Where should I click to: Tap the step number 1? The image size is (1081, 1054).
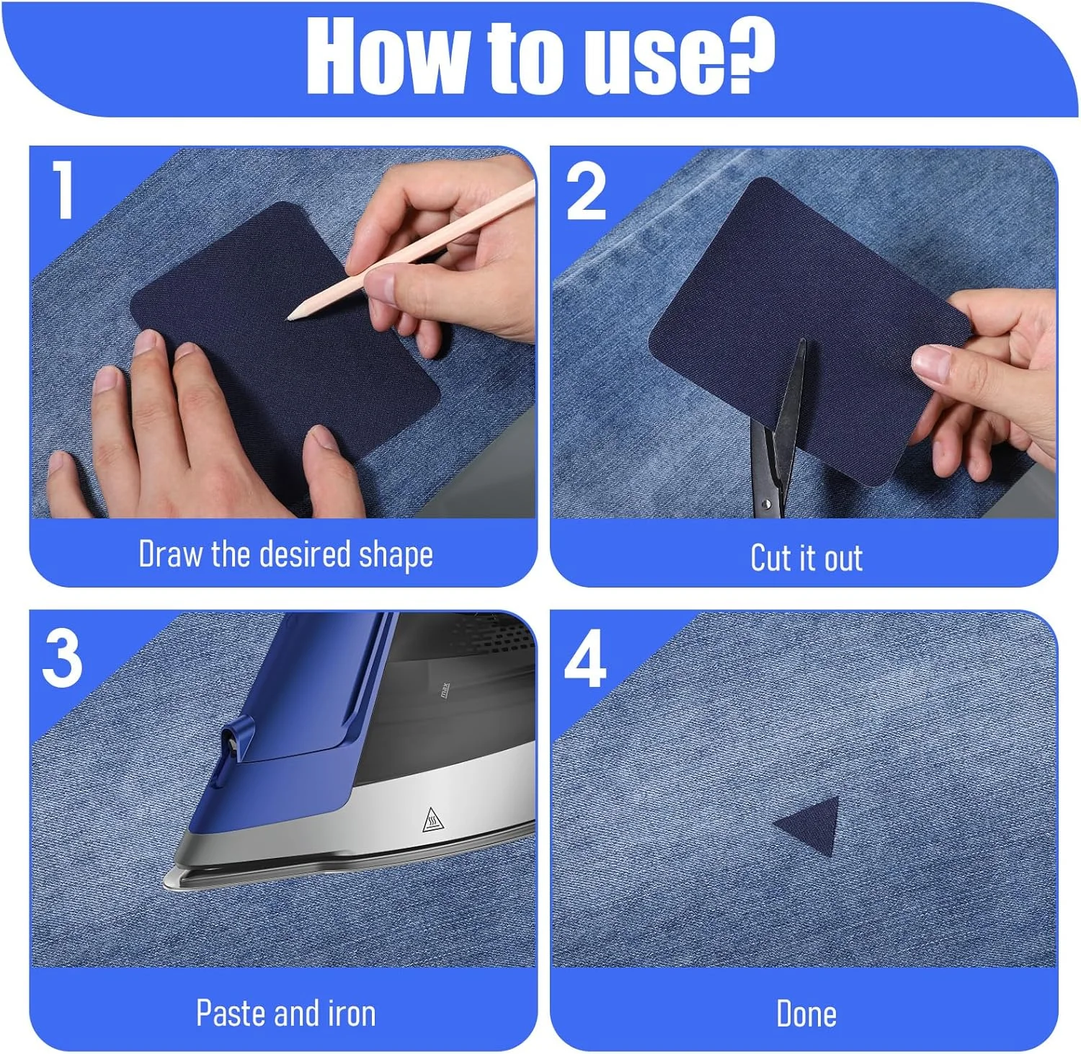click(x=63, y=190)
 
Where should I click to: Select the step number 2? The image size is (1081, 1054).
click(x=586, y=190)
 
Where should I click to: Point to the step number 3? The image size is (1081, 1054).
click(x=62, y=657)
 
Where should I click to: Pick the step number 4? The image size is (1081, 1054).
click(x=585, y=658)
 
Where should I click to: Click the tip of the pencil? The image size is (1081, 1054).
click(x=289, y=317)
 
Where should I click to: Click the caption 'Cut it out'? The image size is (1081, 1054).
click(x=806, y=558)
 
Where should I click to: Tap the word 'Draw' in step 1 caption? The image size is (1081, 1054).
click(x=170, y=554)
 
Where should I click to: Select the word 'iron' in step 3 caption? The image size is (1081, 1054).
click(x=352, y=1013)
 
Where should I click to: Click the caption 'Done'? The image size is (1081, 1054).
click(x=806, y=1014)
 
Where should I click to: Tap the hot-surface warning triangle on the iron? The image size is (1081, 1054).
click(x=432, y=820)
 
